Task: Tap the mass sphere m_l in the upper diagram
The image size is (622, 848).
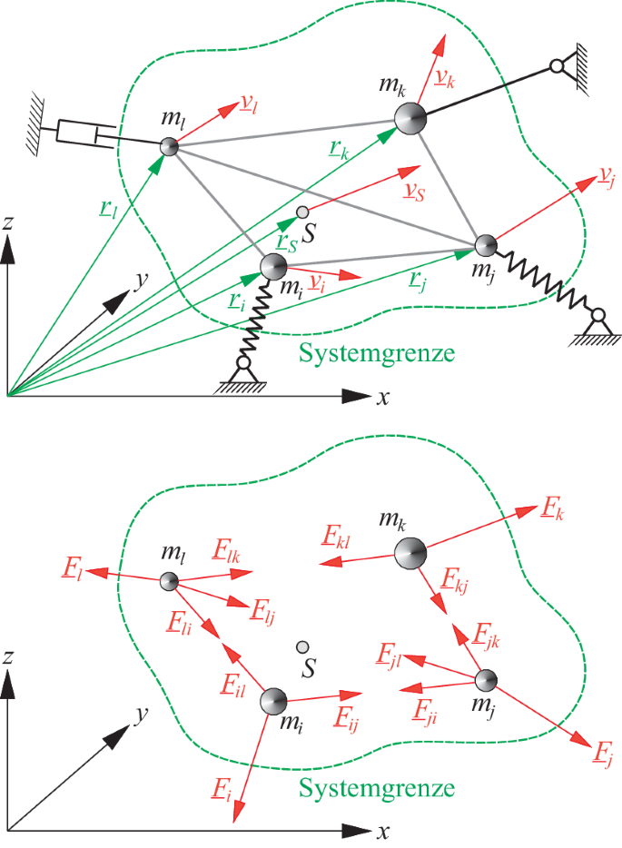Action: click(x=169, y=146)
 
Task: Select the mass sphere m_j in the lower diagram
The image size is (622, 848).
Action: click(x=486, y=679)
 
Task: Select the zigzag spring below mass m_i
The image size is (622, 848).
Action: click(x=259, y=319)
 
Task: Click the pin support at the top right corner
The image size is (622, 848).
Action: click(x=558, y=67)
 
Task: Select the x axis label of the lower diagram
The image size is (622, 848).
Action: click(x=383, y=830)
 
